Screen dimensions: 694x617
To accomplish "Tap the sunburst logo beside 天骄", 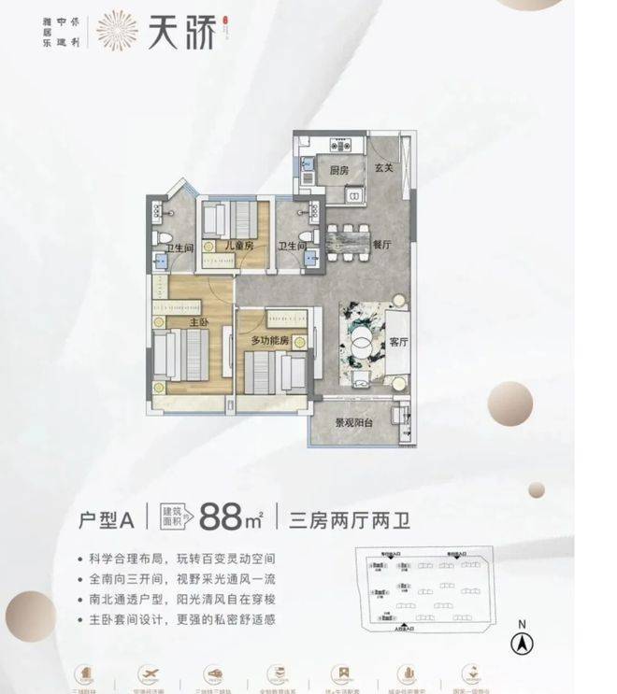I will [117, 30].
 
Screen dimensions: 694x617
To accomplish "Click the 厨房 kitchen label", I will [339, 171].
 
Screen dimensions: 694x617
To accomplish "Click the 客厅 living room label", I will [400, 342].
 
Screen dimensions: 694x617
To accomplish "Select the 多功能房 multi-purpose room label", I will [269, 342].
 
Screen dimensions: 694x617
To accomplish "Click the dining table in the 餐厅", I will [348, 245].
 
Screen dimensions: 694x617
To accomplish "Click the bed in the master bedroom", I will [183, 357].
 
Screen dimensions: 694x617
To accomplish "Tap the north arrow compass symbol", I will [521, 642].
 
